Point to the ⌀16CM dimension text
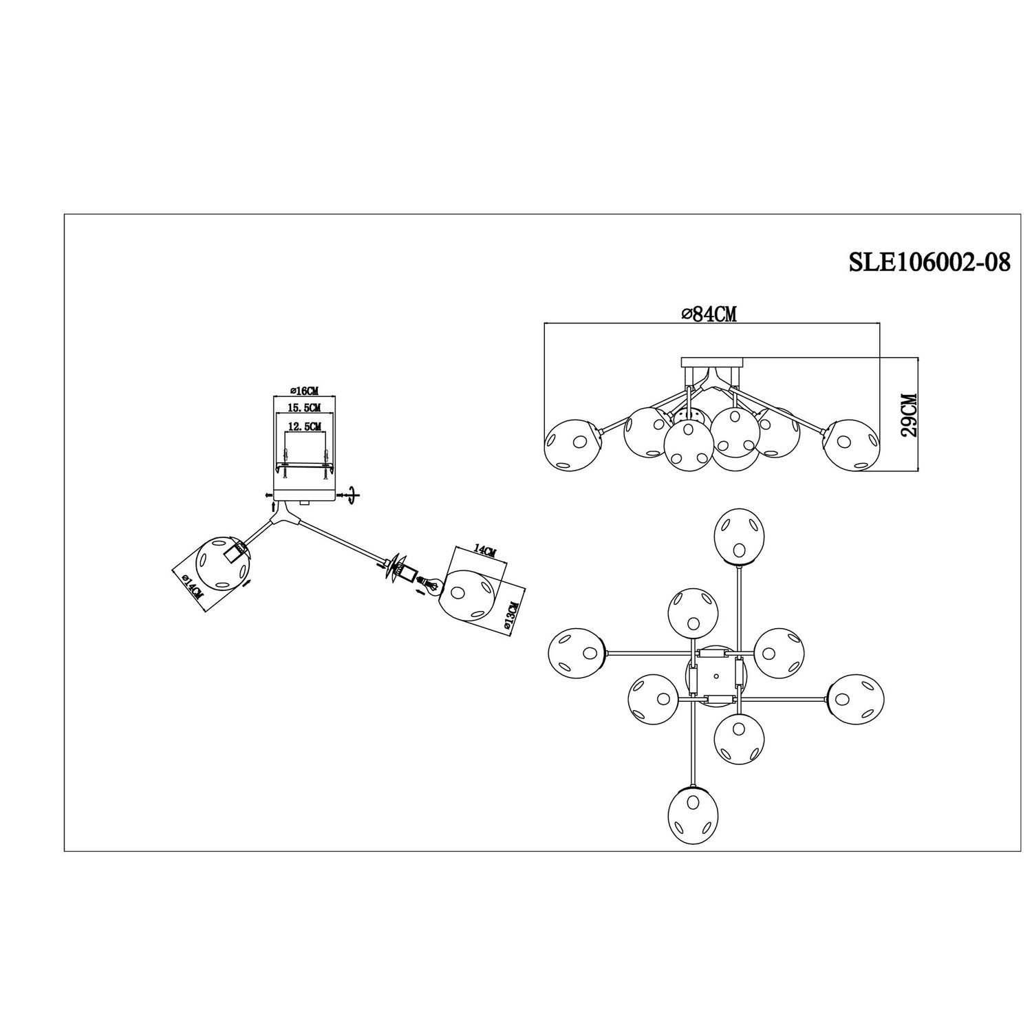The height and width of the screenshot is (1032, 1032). tap(303, 391)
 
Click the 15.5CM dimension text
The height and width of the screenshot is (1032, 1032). tap(303, 409)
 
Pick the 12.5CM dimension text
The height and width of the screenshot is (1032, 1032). tap(304, 427)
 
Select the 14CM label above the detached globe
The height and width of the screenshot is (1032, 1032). tap(484, 550)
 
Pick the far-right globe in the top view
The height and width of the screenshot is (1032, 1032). tap(856, 698)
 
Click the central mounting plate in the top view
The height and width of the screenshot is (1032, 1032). tap(716, 676)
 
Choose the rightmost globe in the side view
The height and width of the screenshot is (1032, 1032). tap(852, 445)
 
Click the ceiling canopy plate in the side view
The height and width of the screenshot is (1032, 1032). tap(712, 362)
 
